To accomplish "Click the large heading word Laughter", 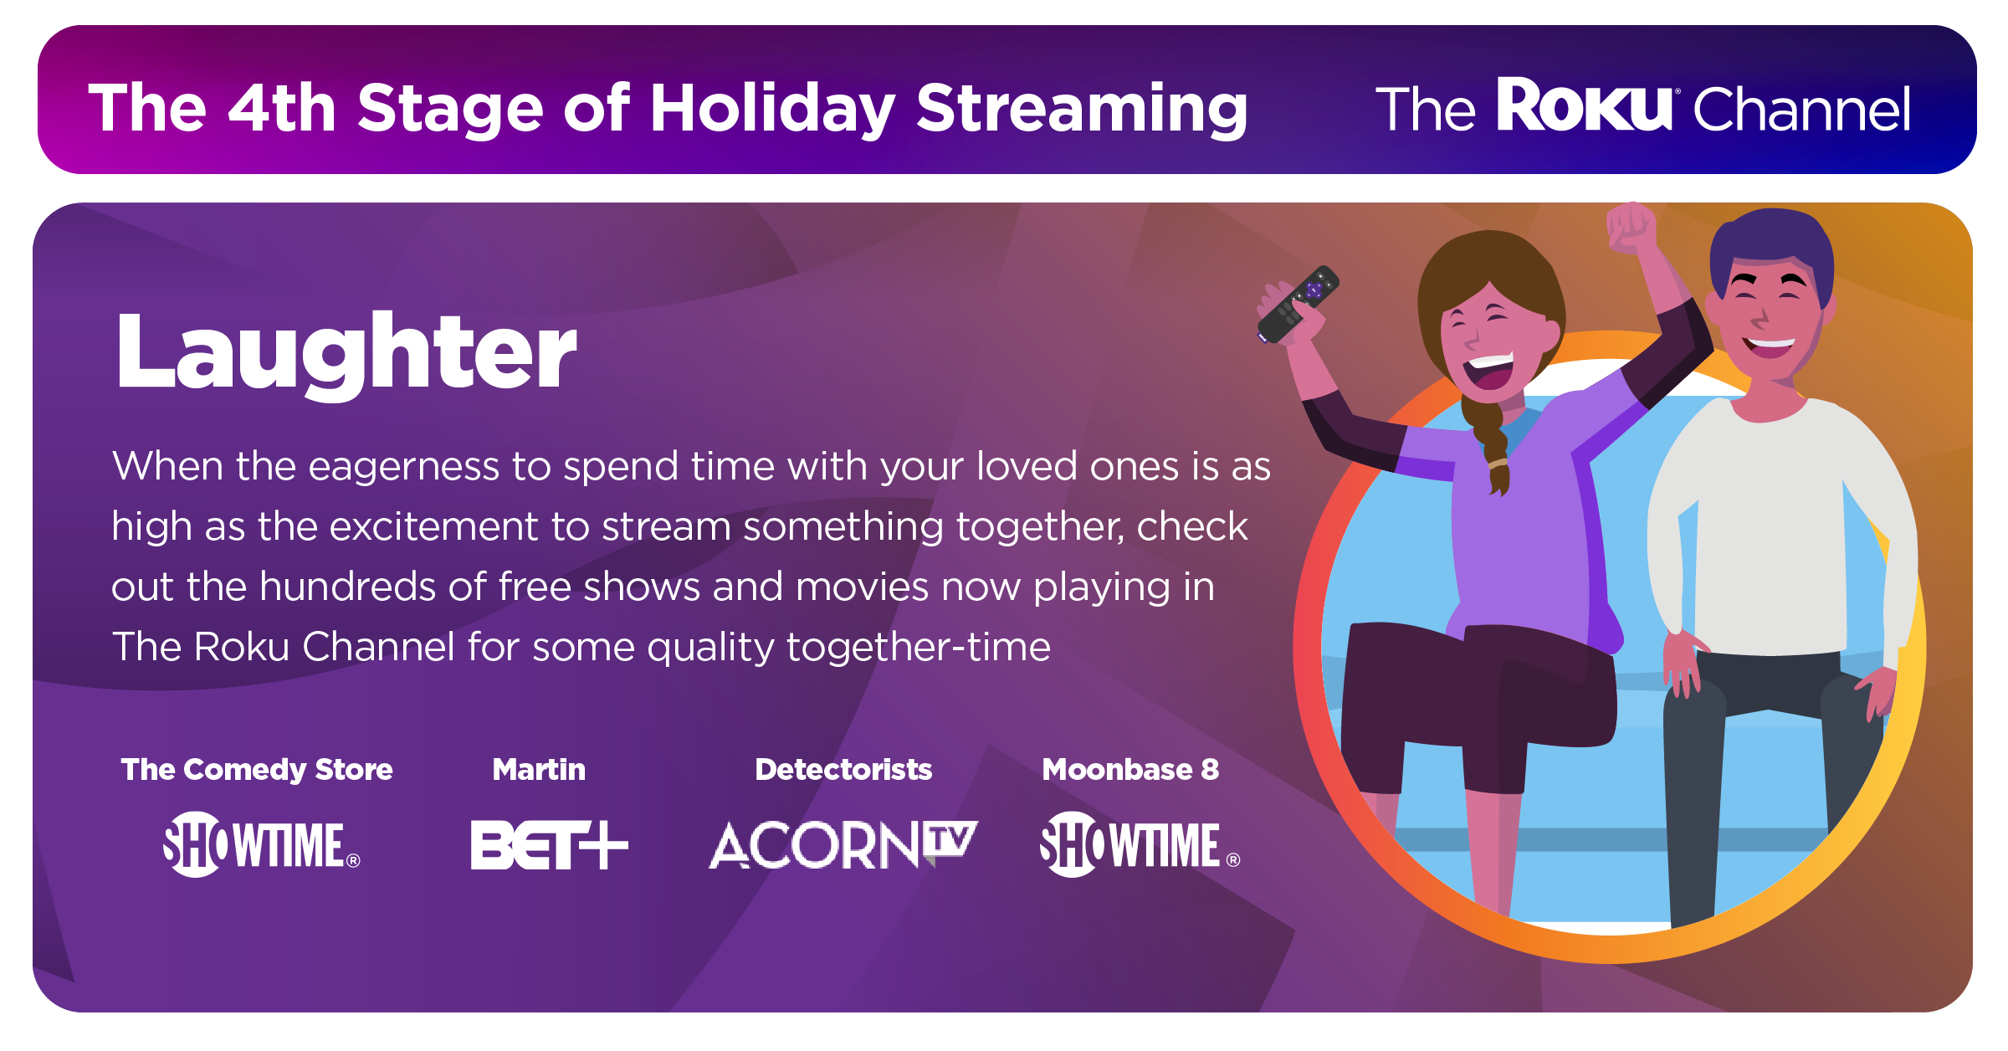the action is coord(346,351).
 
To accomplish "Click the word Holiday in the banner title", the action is coord(772,109).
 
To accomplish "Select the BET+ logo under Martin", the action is coord(549,844).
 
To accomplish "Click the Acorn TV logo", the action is coord(843,844).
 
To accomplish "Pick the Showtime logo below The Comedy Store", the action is coord(261,844).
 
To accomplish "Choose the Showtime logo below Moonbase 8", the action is coord(1140,844).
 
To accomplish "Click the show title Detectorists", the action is coord(843,769).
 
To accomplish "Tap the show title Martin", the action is coord(539,769).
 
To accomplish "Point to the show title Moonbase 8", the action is coord(1130,769).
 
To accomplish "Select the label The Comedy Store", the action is coord(257,769).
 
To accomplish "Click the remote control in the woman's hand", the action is coord(1298,304).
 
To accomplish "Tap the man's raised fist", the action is coord(1631,226).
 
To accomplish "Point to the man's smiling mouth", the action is coord(1769,344).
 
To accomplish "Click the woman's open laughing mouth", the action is coord(1492,372).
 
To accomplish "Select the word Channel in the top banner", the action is coord(1802,109).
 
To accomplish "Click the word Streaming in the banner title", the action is coord(1082,109).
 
